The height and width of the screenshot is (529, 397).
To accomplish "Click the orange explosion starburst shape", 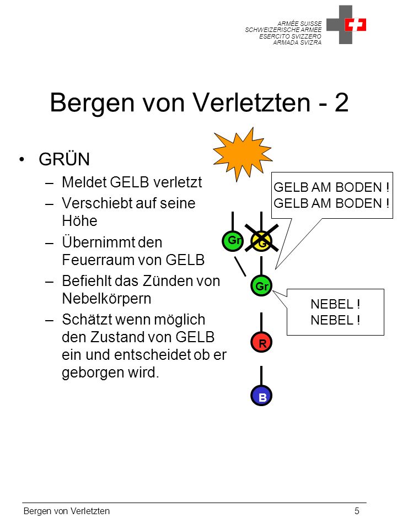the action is [243, 154].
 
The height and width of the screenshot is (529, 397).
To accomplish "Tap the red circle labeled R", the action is [261, 342].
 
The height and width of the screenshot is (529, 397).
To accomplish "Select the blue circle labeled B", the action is [261, 396].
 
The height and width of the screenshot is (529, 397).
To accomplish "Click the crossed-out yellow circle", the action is [261, 241].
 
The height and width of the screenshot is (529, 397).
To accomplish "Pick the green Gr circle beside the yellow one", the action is [233, 241].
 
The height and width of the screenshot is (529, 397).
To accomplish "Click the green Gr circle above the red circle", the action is [261, 285].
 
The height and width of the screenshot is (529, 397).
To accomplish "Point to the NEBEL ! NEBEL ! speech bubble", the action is [335, 312].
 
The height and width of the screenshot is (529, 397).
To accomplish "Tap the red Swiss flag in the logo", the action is [356, 25].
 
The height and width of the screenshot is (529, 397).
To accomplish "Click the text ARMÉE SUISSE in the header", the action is [299, 24].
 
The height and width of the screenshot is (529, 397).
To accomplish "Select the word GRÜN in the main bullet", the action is [64, 159].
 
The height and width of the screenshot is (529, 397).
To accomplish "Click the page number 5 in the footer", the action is [357, 511].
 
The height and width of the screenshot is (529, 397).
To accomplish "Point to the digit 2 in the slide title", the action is [341, 102].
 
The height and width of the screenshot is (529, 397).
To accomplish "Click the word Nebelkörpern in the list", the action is [106, 299].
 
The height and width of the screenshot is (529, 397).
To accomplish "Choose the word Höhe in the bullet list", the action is [79, 220].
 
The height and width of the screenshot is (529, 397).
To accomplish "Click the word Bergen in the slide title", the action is [92, 103].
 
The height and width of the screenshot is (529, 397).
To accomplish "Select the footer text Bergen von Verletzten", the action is [67, 511].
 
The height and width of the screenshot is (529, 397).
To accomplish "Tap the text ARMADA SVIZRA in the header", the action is [297, 42].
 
